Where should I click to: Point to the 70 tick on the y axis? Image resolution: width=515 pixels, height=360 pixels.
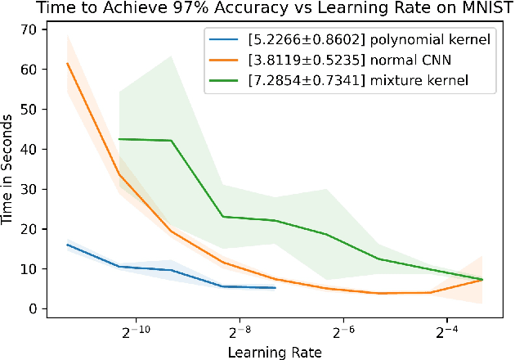30,29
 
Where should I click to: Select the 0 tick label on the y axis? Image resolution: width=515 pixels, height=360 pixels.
34,308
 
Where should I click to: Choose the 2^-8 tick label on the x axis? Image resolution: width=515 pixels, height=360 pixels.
238,334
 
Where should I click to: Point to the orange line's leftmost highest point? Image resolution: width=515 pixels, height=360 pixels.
67,64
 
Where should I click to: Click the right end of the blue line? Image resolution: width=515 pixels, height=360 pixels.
275,288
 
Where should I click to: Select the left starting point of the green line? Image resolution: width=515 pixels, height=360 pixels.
119,139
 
